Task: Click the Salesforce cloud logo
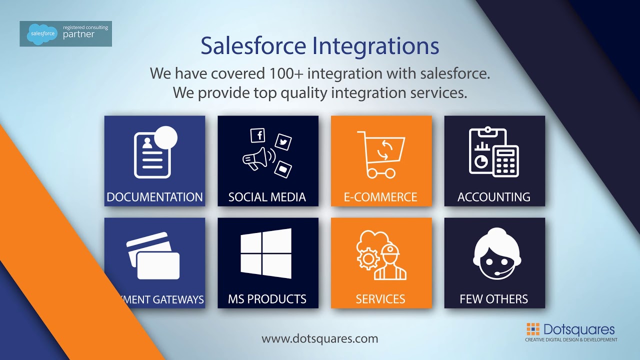(x=41, y=34)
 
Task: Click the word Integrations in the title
(x=375, y=46)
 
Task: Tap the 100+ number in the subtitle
(x=284, y=73)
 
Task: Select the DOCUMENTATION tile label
(x=154, y=197)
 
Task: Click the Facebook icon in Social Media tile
(x=257, y=135)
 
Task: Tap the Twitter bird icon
(x=283, y=142)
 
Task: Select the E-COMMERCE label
(x=380, y=197)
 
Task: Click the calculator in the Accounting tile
(x=506, y=161)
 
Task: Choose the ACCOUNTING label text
(x=494, y=197)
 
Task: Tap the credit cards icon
(x=153, y=255)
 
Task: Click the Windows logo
(x=266, y=253)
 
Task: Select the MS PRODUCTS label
(x=267, y=299)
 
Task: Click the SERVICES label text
(x=380, y=299)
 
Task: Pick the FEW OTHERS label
(x=494, y=299)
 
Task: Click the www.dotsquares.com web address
(x=320, y=338)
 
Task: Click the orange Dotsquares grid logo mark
(x=533, y=329)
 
